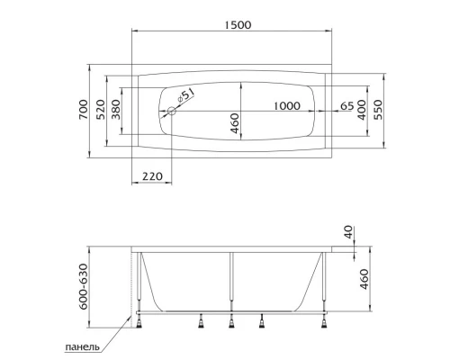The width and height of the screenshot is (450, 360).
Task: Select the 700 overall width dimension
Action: [84, 110]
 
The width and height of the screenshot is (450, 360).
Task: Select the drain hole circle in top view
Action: [172, 112]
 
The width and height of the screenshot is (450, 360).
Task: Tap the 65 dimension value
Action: [346, 105]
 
